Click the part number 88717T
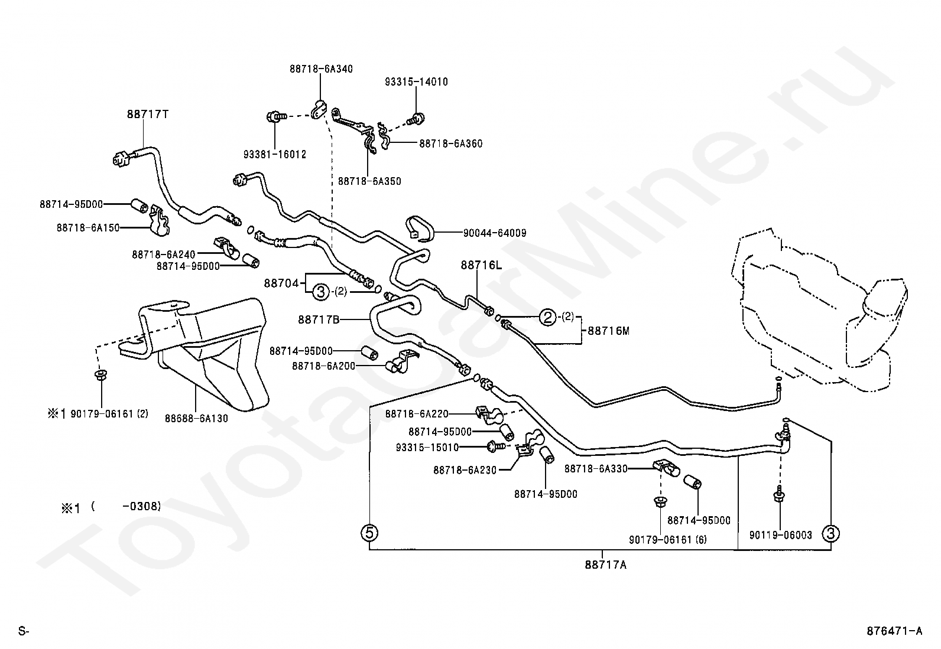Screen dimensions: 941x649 (x=147, y=114)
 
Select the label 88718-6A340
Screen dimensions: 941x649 (x=321, y=69)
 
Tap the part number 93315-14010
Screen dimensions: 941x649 (x=416, y=82)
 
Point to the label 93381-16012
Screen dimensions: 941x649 (x=275, y=155)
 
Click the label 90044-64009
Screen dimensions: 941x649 (x=495, y=233)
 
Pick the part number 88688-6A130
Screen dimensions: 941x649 (x=196, y=419)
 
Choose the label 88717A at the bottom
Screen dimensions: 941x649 (x=605, y=565)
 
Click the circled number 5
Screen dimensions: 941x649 (x=369, y=533)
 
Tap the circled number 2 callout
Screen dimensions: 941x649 (x=547, y=317)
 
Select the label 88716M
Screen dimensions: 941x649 (x=608, y=331)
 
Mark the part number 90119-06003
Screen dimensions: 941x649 (x=781, y=535)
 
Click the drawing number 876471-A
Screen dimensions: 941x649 (x=894, y=631)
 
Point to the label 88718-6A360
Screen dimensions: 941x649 (x=451, y=144)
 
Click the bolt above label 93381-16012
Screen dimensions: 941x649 (x=276, y=116)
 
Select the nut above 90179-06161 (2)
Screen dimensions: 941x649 (x=101, y=374)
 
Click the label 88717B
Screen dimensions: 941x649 (x=319, y=320)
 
